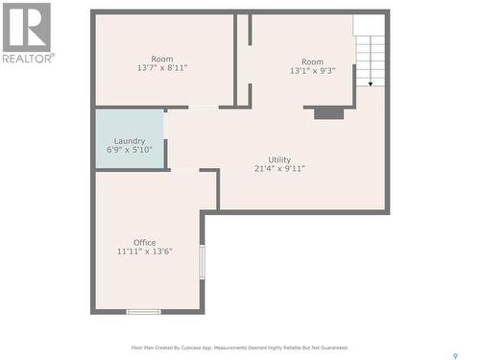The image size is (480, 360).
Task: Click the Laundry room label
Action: (130, 141)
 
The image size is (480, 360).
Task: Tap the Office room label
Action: (144, 242)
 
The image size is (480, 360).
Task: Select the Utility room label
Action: (279, 159)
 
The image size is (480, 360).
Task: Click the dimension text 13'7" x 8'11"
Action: (161, 68)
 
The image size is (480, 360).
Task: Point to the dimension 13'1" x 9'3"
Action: (313, 70)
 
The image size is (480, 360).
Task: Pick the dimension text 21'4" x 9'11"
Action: (279, 169)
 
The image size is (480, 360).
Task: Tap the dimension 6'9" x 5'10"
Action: (130, 150)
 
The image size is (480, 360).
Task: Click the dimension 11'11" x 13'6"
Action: (144, 252)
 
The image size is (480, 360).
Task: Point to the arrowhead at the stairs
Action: (370, 84)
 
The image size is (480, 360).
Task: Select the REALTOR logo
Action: (27, 32)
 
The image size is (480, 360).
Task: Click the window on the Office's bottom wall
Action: (144, 311)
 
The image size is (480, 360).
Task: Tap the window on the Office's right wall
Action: (202, 261)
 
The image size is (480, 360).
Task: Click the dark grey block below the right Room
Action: (328, 112)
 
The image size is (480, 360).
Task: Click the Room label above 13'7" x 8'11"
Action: (161, 59)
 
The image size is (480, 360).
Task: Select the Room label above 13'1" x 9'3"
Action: (313, 61)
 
